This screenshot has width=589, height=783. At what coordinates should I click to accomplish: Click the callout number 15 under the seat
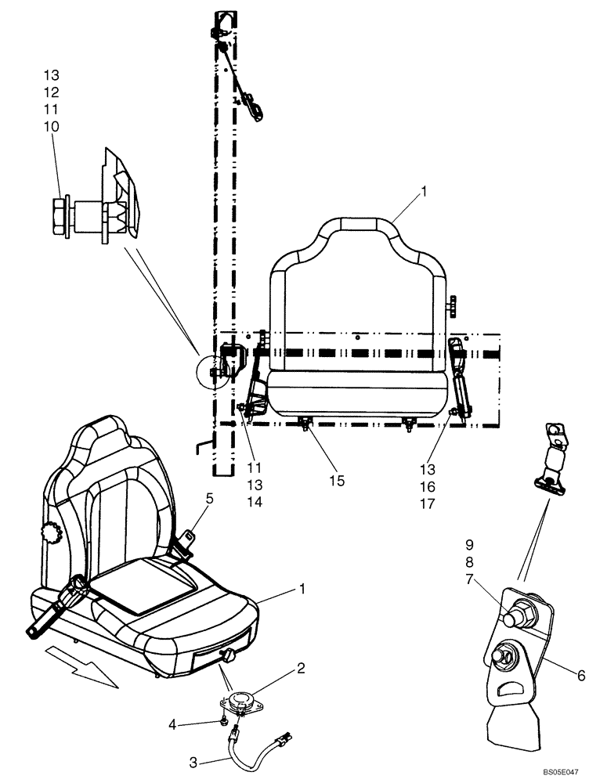337,481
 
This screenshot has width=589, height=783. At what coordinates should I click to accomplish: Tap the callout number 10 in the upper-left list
51,126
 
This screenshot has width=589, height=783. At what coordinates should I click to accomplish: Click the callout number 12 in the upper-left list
51,92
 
